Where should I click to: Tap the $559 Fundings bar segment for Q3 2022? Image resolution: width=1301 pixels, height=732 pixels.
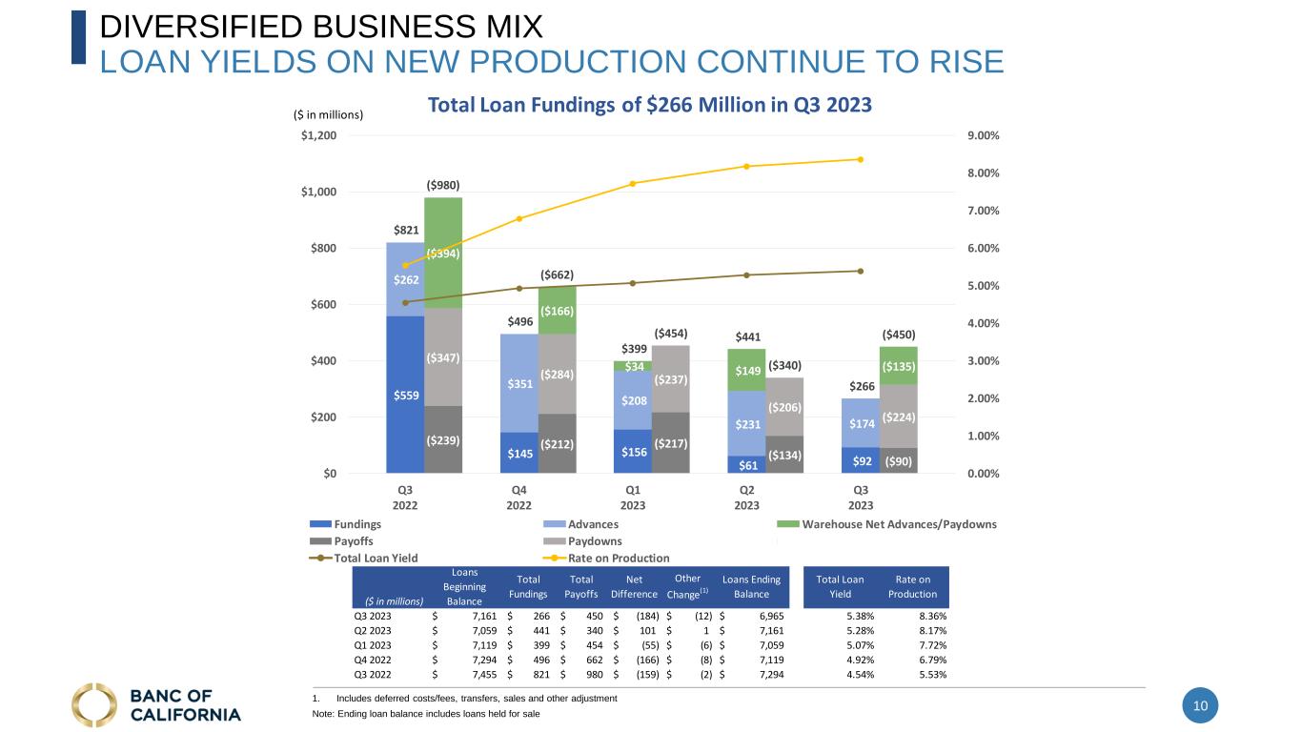point(405,394)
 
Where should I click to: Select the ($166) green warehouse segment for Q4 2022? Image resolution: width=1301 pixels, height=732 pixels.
point(557,311)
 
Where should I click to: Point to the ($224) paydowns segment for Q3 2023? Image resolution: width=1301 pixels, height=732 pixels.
point(899,417)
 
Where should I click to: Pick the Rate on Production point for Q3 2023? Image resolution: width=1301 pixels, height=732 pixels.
point(861,159)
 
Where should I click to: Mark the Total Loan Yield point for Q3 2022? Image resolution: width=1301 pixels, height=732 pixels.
point(405,303)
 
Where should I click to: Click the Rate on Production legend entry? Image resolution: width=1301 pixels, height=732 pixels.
point(618,558)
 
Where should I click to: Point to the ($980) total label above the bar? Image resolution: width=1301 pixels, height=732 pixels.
point(443,184)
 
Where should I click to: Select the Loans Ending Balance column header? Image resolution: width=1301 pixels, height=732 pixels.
point(751,587)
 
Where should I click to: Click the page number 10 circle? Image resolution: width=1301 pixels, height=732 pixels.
point(1200,706)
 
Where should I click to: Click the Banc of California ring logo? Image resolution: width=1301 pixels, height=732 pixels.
point(94,704)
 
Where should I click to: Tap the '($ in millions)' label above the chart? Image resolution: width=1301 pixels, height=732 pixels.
point(328,114)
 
